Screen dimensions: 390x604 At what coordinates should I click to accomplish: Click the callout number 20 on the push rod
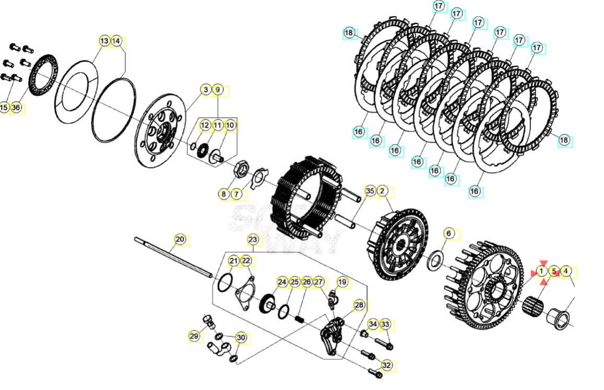click(x=180, y=240)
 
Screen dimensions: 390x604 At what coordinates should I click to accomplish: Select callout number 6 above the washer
click(x=449, y=233)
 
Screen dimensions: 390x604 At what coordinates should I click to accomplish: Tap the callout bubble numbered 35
click(x=370, y=191)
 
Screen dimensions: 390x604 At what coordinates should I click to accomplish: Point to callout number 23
click(x=253, y=240)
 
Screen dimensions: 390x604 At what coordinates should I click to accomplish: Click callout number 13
click(x=104, y=41)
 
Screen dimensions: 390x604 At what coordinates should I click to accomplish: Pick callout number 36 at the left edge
click(x=16, y=108)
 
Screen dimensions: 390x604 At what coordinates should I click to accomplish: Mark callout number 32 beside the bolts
click(x=386, y=365)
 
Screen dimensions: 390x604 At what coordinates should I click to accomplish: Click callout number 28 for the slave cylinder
click(x=359, y=305)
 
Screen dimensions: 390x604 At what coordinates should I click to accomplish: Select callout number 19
click(x=342, y=282)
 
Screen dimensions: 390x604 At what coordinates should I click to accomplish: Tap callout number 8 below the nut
click(x=223, y=194)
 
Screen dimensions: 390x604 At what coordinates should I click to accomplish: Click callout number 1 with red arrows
click(x=541, y=271)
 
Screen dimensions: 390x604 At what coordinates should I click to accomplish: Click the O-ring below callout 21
click(x=224, y=283)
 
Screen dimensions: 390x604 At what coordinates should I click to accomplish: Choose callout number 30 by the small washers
click(x=241, y=337)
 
